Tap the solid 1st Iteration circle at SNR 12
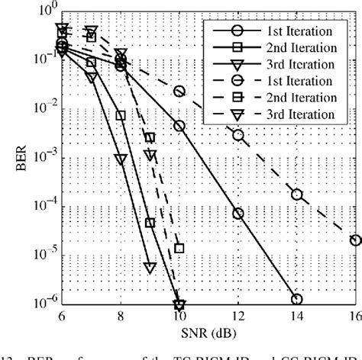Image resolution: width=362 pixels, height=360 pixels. point(238,214)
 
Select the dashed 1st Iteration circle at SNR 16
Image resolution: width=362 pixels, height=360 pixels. point(355,240)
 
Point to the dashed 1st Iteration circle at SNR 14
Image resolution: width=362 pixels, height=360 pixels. point(296,194)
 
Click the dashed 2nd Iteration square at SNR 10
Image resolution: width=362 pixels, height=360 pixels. point(179,248)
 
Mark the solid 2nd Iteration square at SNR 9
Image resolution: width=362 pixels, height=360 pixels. point(150,223)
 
